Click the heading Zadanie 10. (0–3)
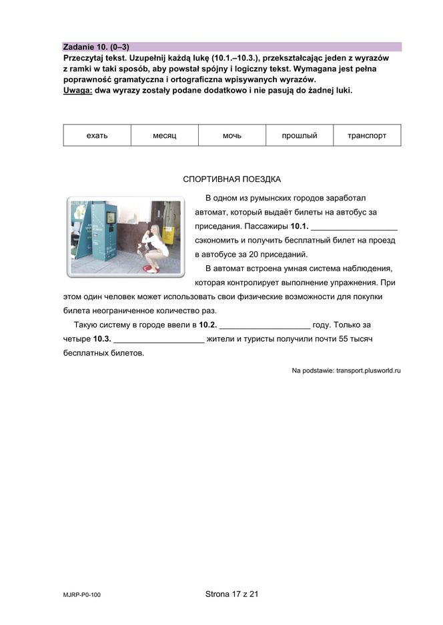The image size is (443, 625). click(x=95, y=47)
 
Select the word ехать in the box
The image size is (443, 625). click(x=97, y=135)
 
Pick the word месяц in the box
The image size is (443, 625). click(x=164, y=135)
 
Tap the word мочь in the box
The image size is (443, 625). click(x=232, y=135)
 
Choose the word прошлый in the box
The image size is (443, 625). click(x=300, y=135)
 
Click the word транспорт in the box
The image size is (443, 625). click(x=367, y=135)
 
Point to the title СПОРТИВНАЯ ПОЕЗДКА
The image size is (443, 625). click(x=232, y=179)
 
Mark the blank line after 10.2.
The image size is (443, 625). click(x=265, y=325)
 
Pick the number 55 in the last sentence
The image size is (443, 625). click(x=345, y=339)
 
